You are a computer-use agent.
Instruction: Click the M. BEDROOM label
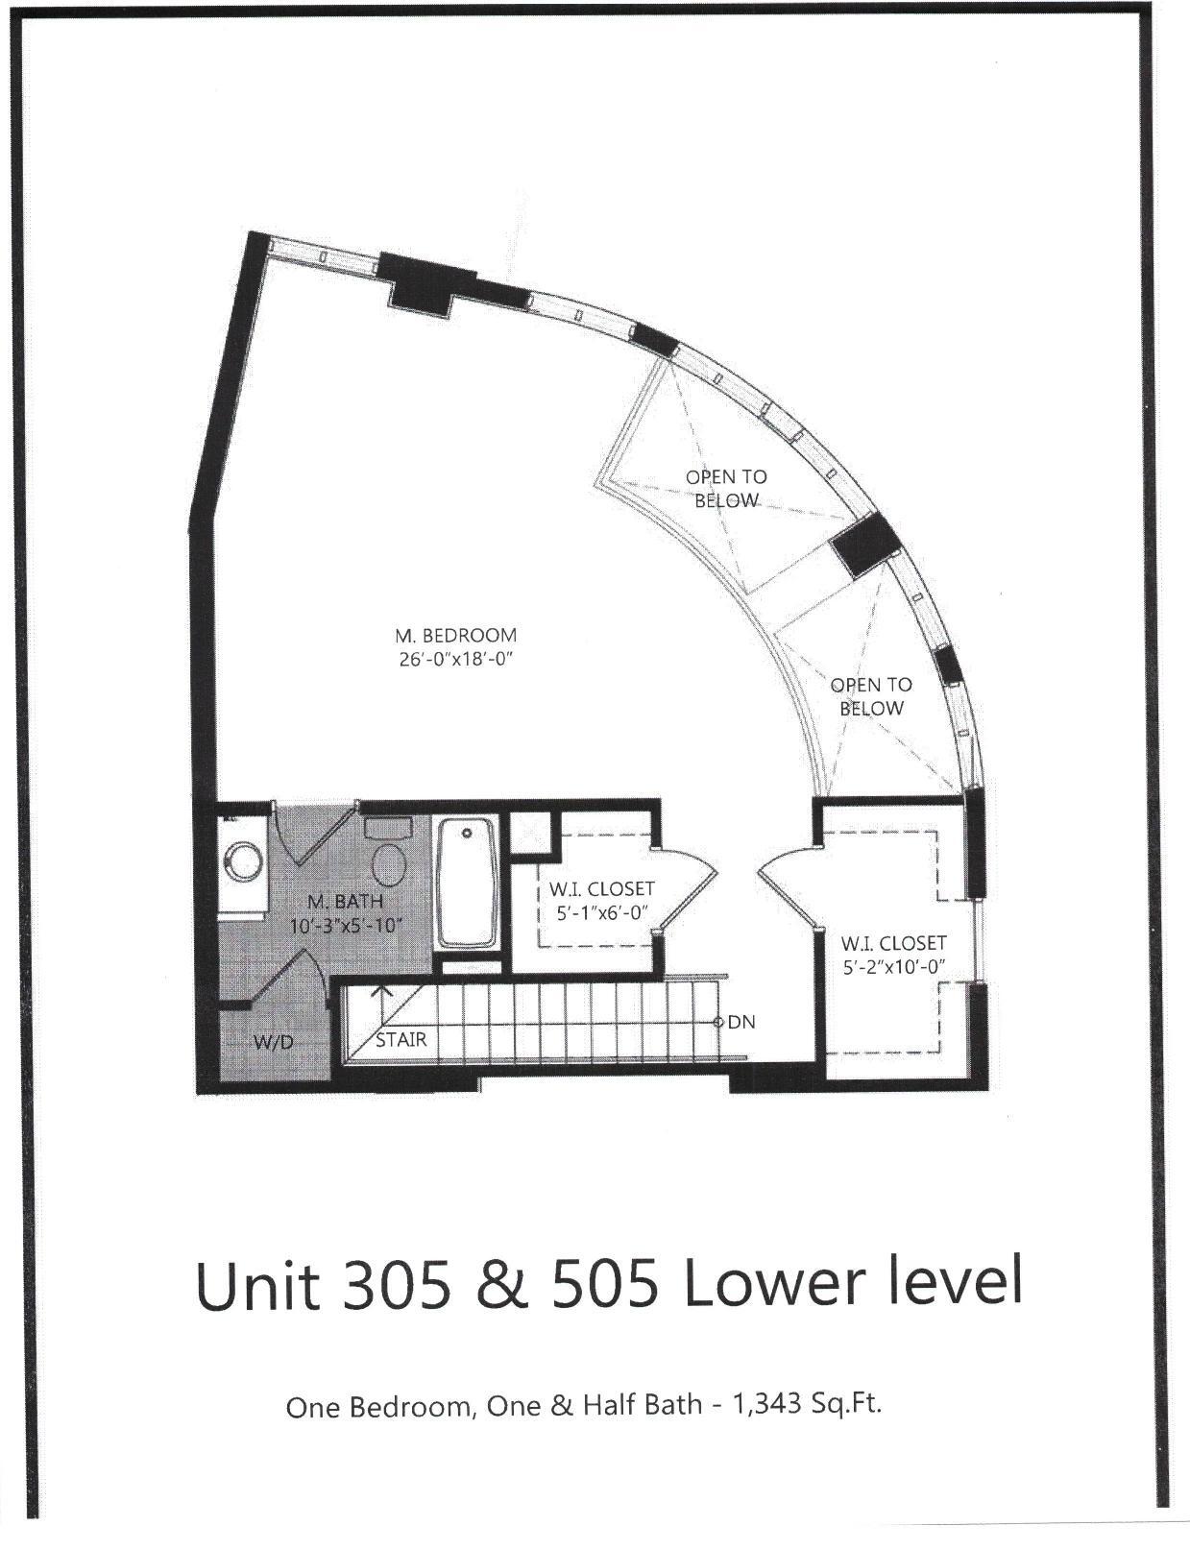click(455, 635)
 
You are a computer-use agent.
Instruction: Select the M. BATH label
click(345, 902)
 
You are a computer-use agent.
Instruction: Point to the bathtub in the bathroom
click(468, 882)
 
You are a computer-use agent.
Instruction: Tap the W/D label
click(273, 1041)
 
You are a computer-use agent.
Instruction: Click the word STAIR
click(401, 1039)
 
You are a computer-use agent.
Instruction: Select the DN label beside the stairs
click(741, 1022)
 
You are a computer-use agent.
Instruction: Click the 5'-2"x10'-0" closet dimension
click(894, 967)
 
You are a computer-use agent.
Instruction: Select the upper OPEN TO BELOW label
click(726, 488)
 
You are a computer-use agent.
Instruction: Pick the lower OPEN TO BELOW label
click(871, 696)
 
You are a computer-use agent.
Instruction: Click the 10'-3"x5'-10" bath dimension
click(345, 927)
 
